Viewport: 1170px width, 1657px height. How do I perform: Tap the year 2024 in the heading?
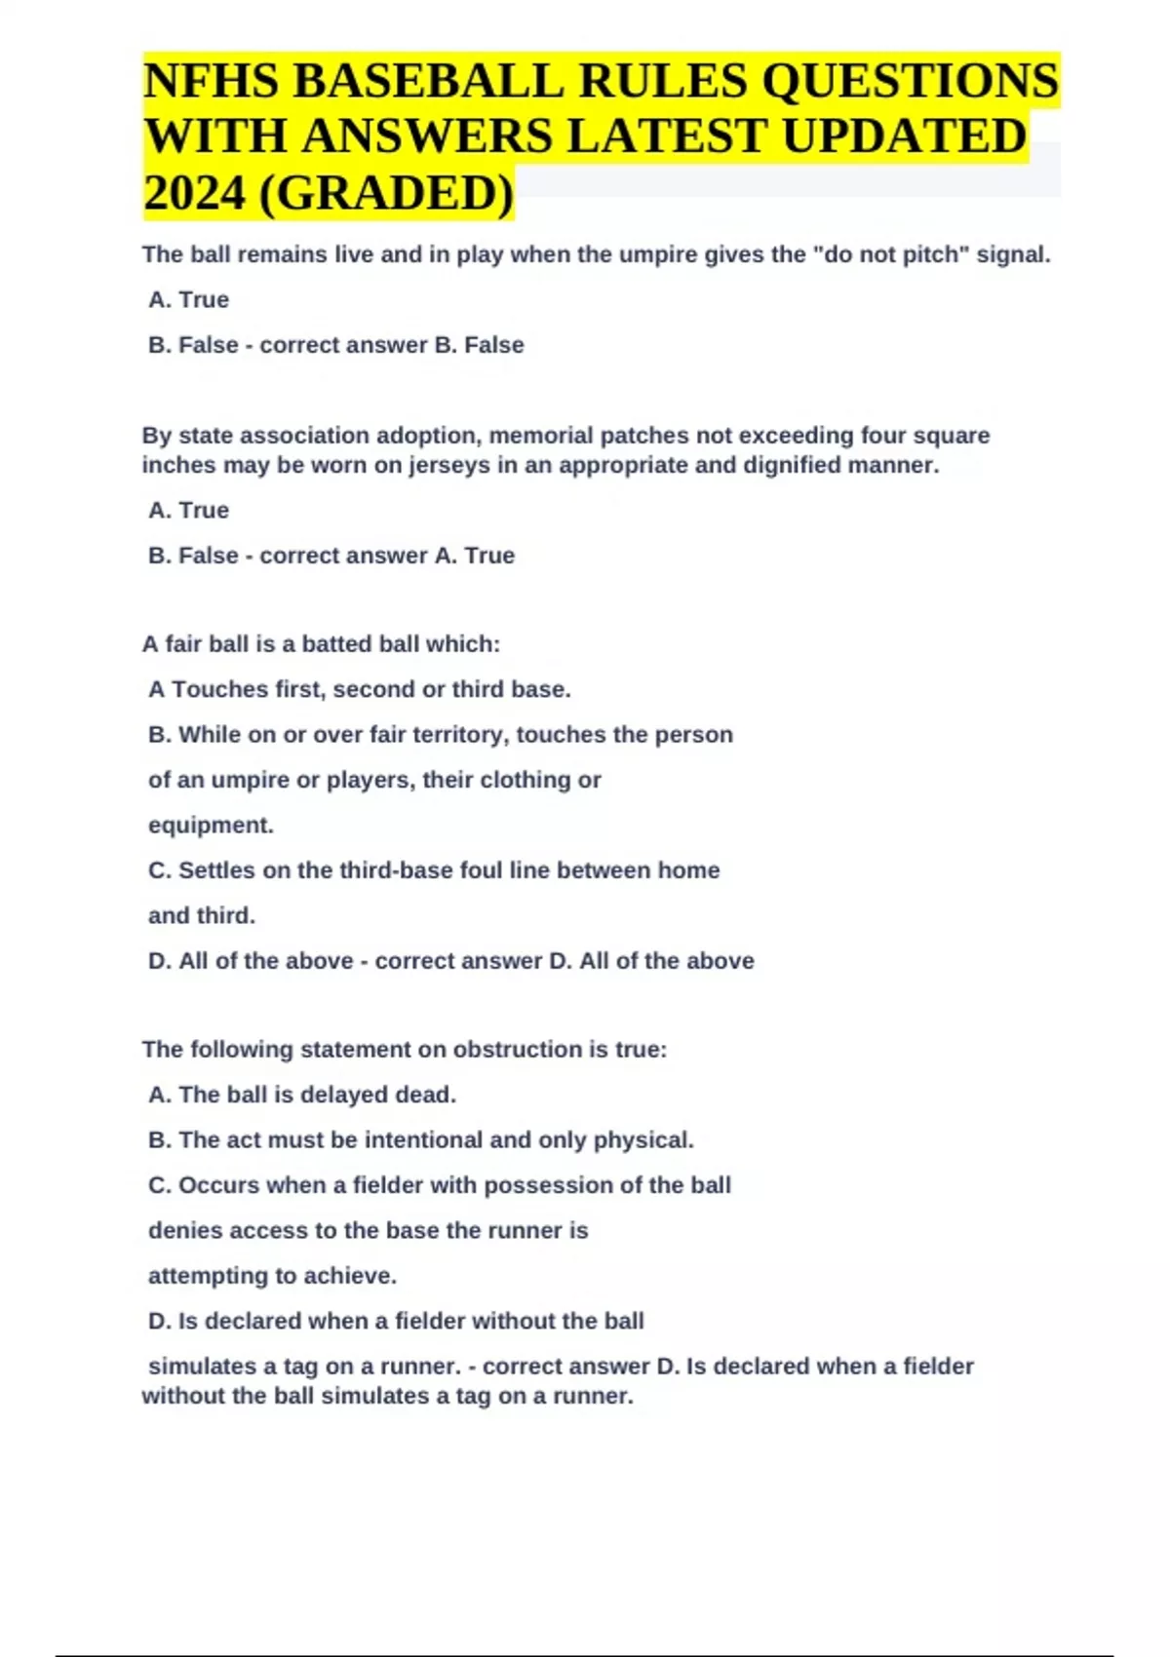click(194, 193)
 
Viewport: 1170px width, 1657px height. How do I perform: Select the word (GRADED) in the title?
click(386, 193)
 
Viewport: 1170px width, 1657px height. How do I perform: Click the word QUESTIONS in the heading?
click(909, 81)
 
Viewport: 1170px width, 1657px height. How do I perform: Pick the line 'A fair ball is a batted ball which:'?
click(321, 644)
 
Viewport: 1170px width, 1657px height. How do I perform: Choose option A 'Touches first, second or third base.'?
click(359, 689)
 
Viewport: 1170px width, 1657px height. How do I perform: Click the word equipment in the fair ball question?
click(210, 825)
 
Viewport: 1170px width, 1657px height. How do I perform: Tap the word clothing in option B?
click(523, 780)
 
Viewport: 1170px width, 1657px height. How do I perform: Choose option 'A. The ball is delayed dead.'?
click(301, 1095)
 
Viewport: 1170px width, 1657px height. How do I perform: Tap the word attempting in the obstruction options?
click(207, 1276)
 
